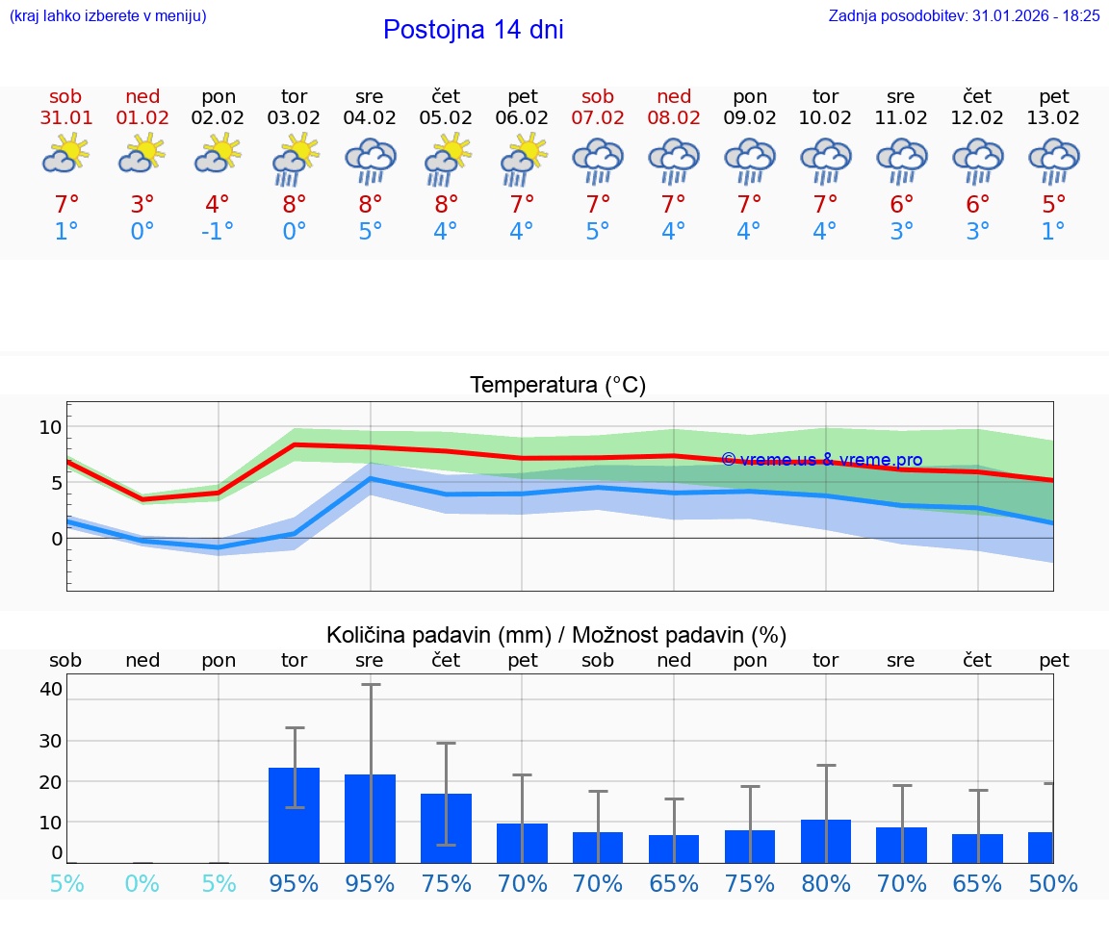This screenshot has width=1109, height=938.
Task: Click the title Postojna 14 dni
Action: point(473,30)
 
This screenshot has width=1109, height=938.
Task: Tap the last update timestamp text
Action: point(964,16)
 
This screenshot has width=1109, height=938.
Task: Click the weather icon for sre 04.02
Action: point(371,160)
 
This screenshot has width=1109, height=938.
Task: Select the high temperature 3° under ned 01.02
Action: point(142,205)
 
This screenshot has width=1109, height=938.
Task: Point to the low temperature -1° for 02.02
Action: point(218,232)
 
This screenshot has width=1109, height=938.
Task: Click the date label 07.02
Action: point(598,118)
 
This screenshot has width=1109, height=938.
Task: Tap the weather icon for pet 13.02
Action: point(1053,160)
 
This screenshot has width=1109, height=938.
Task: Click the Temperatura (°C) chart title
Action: point(557,386)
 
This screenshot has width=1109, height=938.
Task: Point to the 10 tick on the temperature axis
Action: point(50,427)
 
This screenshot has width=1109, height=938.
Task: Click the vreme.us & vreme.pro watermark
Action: point(821,460)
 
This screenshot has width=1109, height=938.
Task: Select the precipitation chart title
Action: point(555,635)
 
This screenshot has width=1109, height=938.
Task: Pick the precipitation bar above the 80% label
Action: point(826,841)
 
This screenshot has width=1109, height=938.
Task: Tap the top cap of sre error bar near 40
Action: point(371,684)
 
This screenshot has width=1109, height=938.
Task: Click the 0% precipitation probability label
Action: point(142,883)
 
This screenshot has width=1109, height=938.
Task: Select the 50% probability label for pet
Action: point(1053,883)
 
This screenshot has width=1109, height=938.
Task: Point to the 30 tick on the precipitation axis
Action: point(50,741)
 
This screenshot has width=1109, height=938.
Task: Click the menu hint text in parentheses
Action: point(108,16)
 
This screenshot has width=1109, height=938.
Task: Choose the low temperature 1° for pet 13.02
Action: point(1053,232)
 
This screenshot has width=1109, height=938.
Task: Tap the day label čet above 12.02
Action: point(977,96)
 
